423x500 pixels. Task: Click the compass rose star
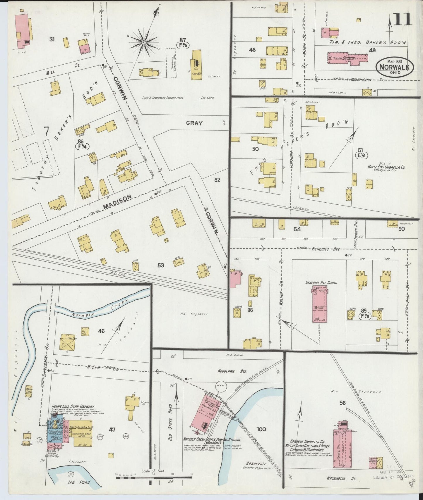144,43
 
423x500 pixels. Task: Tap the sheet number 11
403,21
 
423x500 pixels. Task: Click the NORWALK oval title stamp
395,67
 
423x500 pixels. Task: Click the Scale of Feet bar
153,478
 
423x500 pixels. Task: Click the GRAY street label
194,123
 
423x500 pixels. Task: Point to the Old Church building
347,58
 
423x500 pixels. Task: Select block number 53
161,265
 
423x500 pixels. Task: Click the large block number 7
46,131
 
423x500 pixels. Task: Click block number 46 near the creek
101,331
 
